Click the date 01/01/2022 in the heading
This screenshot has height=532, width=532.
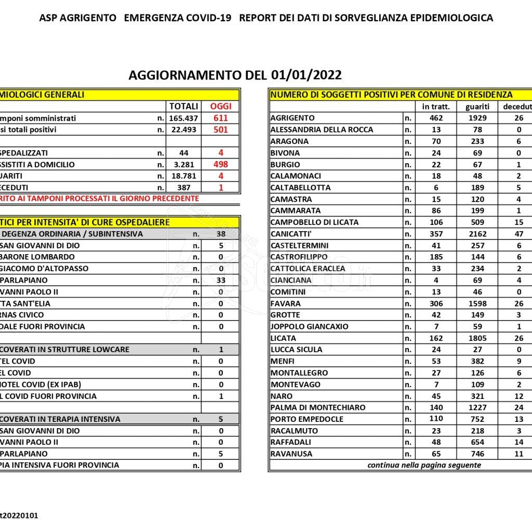point(306,75)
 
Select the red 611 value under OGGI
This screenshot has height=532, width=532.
point(221,118)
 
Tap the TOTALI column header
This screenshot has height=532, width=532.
point(184,107)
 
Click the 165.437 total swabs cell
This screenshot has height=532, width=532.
point(184,118)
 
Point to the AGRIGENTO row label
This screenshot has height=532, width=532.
point(292,118)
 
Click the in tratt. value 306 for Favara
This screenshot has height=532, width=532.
point(436,303)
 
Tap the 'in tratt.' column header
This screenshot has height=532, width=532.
point(436,107)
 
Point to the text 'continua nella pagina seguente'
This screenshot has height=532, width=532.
point(424,465)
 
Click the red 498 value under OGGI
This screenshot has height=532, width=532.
point(221,164)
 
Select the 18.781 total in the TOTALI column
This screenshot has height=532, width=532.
point(184,176)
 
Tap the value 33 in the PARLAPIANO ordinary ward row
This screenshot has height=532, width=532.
point(221,280)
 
